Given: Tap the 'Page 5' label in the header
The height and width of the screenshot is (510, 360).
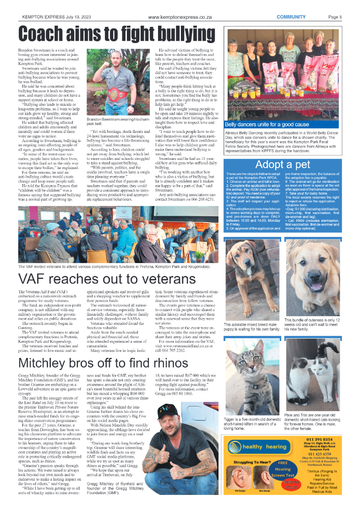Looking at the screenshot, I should pos(335,17).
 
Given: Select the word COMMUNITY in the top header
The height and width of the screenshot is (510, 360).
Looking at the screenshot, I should pos(291,17).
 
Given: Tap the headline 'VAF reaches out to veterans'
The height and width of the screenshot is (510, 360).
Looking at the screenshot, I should pos(100,279).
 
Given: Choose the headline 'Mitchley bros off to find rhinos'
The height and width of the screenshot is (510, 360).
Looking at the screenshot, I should pos(103,363).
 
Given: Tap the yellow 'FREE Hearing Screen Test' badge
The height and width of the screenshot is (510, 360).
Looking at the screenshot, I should pos(283,469).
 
